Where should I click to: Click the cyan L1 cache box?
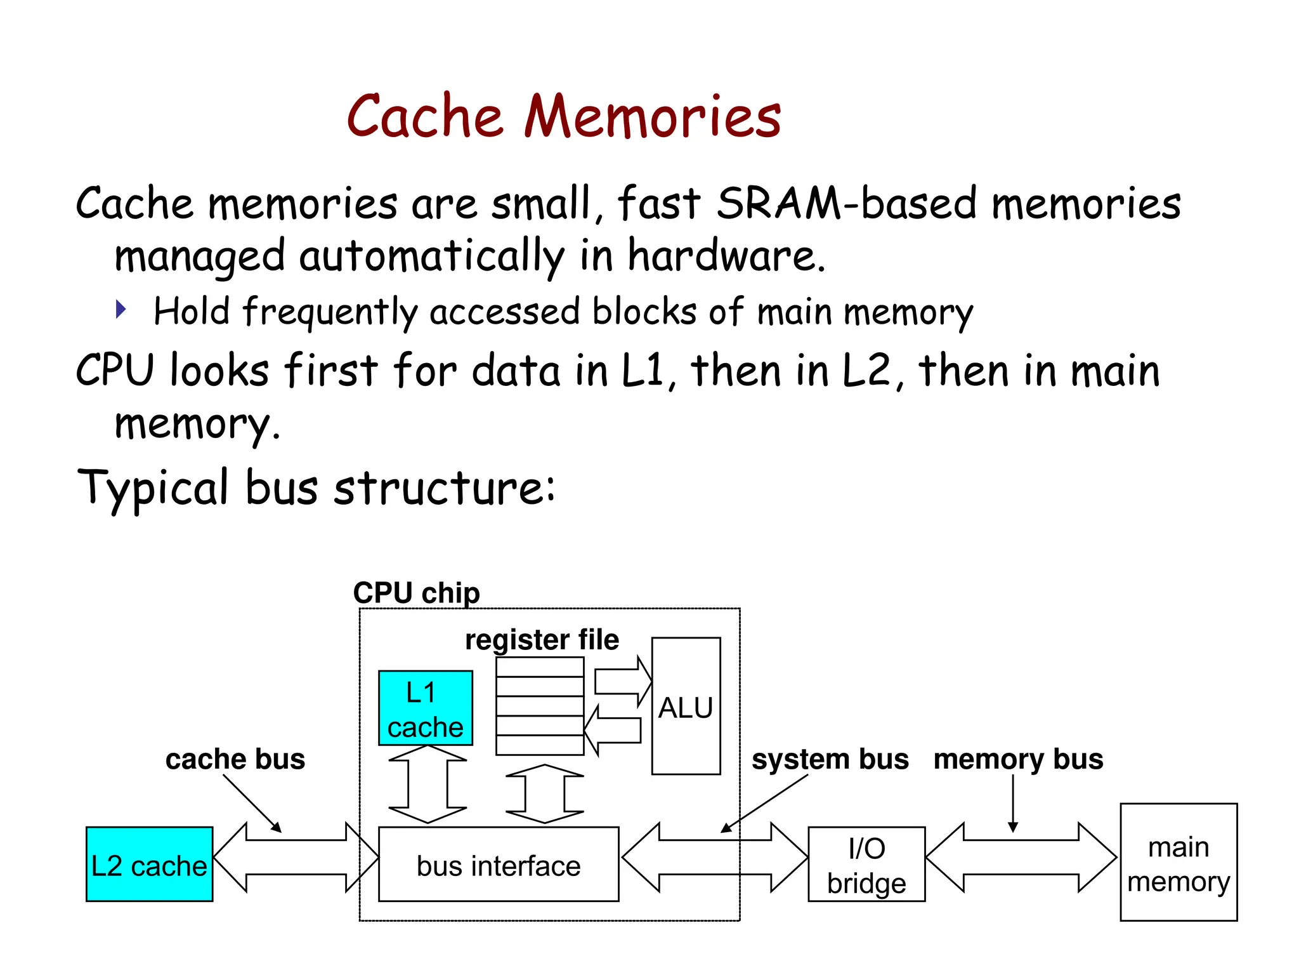click(x=425, y=708)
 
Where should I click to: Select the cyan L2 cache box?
click(x=149, y=864)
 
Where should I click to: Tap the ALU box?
click(x=686, y=706)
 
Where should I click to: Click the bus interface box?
click(x=498, y=865)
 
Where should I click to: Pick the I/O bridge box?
click(x=866, y=865)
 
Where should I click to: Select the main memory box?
click(x=1178, y=863)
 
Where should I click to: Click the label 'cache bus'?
click(x=235, y=759)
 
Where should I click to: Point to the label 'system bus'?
click(x=830, y=759)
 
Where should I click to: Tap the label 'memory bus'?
click(x=1018, y=759)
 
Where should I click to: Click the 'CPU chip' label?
click(x=416, y=593)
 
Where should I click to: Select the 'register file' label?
click(x=542, y=640)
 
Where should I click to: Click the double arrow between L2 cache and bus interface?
click(x=296, y=858)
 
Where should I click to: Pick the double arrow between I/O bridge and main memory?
click(x=1021, y=858)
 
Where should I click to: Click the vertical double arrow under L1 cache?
click(x=428, y=785)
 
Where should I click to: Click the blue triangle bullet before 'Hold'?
click(x=121, y=310)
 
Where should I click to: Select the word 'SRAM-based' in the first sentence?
click(x=846, y=204)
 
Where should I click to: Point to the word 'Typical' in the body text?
click(x=152, y=488)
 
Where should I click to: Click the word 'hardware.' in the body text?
click(x=726, y=256)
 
